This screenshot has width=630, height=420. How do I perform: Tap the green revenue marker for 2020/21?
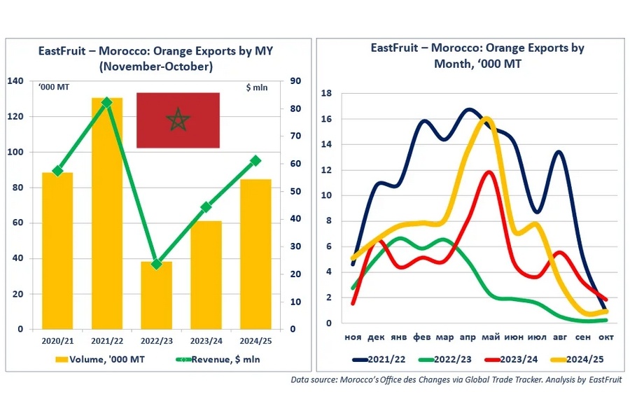(57, 171)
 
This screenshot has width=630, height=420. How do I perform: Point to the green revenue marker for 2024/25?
(255, 160)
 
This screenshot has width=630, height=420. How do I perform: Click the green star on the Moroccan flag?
(178, 120)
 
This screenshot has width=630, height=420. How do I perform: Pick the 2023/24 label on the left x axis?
(206, 341)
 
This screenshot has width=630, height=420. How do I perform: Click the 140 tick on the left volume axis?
(15, 81)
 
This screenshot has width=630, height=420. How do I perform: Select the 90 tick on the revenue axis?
(295, 81)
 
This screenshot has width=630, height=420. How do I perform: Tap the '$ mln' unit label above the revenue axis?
(258, 87)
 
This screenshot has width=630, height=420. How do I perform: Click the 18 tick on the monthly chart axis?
(325, 93)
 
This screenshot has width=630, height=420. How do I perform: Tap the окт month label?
(606, 337)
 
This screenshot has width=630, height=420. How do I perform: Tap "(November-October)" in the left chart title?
(156, 66)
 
